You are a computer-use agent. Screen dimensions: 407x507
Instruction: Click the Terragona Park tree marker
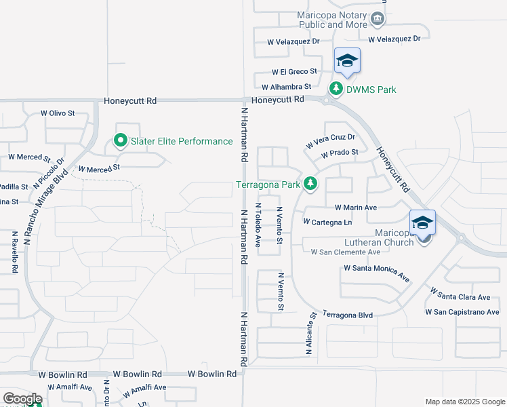(310, 184)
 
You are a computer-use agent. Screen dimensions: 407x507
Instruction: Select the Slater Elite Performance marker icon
(121, 141)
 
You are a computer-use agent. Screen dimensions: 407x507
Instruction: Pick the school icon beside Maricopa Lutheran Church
(422, 222)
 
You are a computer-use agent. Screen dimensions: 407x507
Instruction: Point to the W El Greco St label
(295, 71)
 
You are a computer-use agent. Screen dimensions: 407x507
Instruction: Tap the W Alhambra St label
(286, 87)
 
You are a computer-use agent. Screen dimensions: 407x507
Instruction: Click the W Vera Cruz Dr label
(331, 142)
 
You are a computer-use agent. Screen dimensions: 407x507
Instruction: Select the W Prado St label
(340, 153)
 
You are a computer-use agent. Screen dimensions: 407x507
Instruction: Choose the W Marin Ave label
(356, 208)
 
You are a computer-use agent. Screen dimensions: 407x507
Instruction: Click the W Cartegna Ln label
(327, 222)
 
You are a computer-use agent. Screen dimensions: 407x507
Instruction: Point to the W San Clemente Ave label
(345, 252)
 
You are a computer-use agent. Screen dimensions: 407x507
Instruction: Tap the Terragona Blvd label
(347, 315)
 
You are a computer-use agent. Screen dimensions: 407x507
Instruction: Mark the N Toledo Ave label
(258, 224)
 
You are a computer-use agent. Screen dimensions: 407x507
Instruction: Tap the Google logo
(22, 399)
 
